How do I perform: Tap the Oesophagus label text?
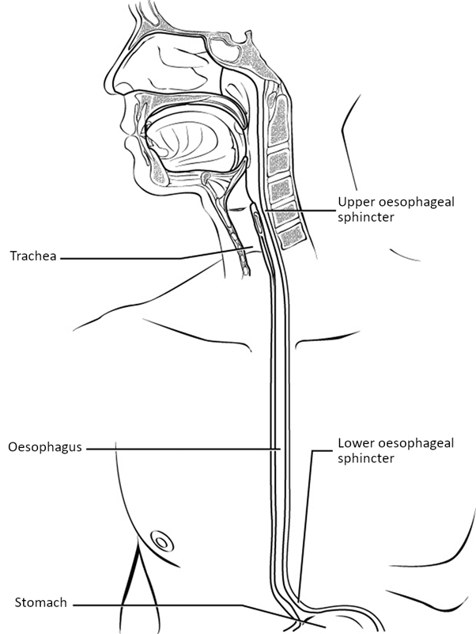coord(43,446)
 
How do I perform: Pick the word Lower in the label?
coord(354,443)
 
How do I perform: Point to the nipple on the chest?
coord(161,542)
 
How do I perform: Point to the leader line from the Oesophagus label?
coord(182,448)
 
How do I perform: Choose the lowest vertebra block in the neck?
coord(291,234)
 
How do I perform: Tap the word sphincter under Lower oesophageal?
coord(364,457)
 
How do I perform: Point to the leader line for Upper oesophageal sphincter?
coord(300,211)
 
